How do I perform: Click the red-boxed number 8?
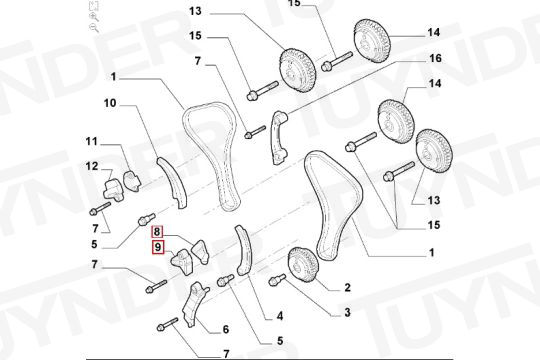click(x=157, y=232)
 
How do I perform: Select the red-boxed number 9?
click(x=158, y=247)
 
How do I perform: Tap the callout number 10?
click(x=110, y=103)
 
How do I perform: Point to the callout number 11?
click(x=92, y=141)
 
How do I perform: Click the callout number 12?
click(x=92, y=166)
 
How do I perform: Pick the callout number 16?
click(x=435, y=58)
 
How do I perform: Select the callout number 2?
click(x=347, y=287)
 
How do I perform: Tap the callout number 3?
click(x=347, y=312)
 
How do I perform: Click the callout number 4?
click(x=280, y=316)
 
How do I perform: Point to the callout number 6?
click(x=226, y=329)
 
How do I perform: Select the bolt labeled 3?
click(x=277, y=279)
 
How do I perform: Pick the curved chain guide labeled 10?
click(x=173, y=183)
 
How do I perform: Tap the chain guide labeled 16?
click(x=279, y=138)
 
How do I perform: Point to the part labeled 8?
click(x=200, y=252)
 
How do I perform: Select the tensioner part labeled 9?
click(x=182, y=263)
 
